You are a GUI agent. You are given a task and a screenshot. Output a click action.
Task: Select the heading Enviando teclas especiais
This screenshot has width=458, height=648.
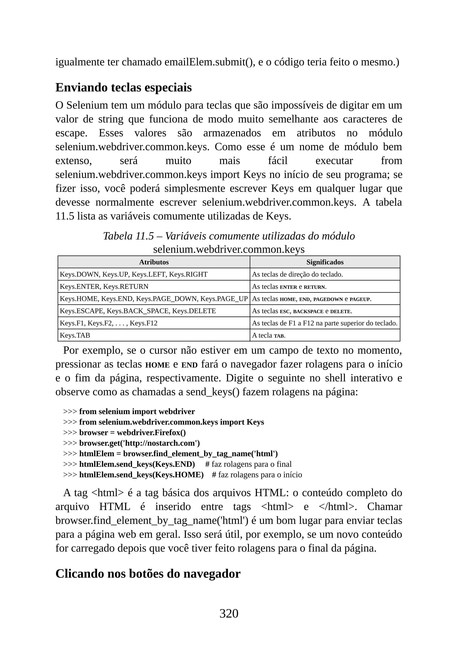[x=123, y=87]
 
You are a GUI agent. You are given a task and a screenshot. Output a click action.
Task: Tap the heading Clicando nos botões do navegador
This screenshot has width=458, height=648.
[x=148, y=573]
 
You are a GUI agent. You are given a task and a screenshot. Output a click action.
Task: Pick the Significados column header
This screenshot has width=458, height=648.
[x=325, y=262]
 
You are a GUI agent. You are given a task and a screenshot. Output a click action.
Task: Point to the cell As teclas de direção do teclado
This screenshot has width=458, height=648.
[x=297, y=274]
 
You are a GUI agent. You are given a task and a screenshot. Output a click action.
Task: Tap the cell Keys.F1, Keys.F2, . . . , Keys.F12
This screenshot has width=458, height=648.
[x=109, y=323]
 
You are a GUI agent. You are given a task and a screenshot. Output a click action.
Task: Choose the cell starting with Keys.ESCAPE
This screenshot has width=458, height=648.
[x=138, y=311]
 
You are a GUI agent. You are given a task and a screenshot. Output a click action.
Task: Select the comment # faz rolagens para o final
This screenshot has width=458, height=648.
[x=248, y=464]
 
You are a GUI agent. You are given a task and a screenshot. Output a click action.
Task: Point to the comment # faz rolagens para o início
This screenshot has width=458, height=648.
[x=257, y=475]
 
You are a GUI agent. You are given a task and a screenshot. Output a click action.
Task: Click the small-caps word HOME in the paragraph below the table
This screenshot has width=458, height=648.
[x=157, y=365]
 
